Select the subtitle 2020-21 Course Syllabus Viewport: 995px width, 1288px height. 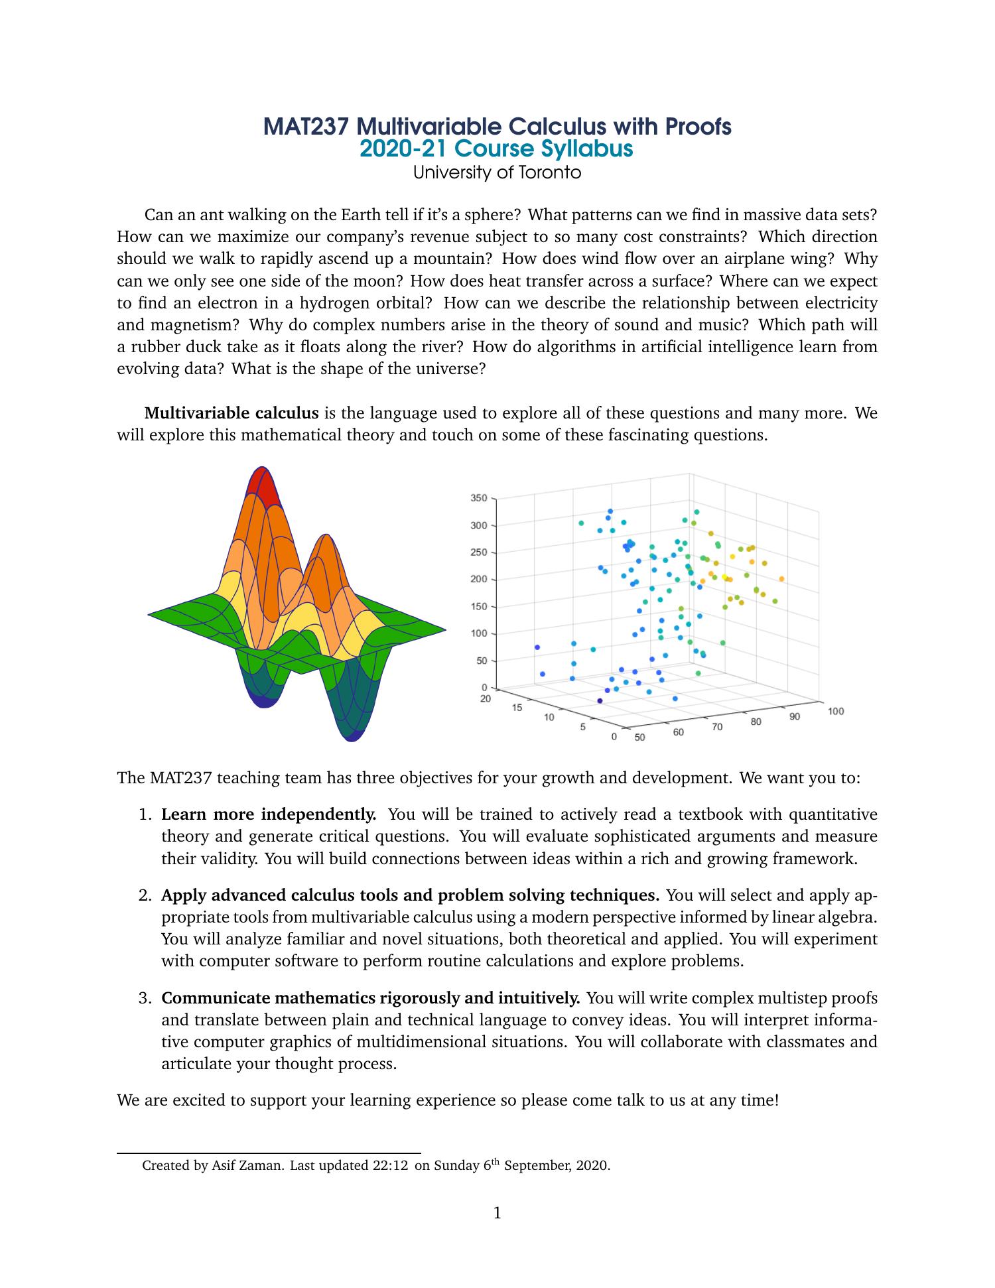(496, 149)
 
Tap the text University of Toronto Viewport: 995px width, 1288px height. (497, 172)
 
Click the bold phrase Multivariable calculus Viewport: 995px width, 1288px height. (232, 414)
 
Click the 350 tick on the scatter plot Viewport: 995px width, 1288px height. (479, 498)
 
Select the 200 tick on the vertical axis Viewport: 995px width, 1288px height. (479, 580)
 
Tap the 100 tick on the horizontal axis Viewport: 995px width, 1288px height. (836, 712)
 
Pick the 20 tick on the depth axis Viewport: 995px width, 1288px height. (486, 698)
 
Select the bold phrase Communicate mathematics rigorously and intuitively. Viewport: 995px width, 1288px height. (371, 998)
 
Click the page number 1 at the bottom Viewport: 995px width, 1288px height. (497, 1214)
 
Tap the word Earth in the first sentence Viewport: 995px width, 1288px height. (360, 215)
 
